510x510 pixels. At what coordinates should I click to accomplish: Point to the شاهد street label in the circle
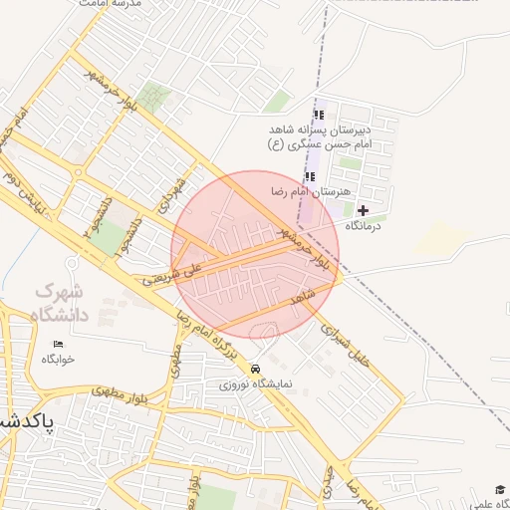[x=303, y=295]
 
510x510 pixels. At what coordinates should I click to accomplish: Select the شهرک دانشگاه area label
[x=59, y=303]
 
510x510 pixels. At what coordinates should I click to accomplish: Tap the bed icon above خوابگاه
[x=58, y=344]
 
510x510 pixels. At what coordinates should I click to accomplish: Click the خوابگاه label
[x=58, y=359]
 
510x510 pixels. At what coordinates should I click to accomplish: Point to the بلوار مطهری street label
[x=121, y=391]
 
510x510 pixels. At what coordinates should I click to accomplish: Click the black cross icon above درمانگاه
[x=363, y=210]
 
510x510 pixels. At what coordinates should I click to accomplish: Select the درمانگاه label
[x=368, y=226]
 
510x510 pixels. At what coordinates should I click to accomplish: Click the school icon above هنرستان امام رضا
[x=309, y=176]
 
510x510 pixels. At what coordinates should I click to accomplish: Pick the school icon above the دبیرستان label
[x=319, y=116]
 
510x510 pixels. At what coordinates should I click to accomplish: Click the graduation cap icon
[x=500, y=489]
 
